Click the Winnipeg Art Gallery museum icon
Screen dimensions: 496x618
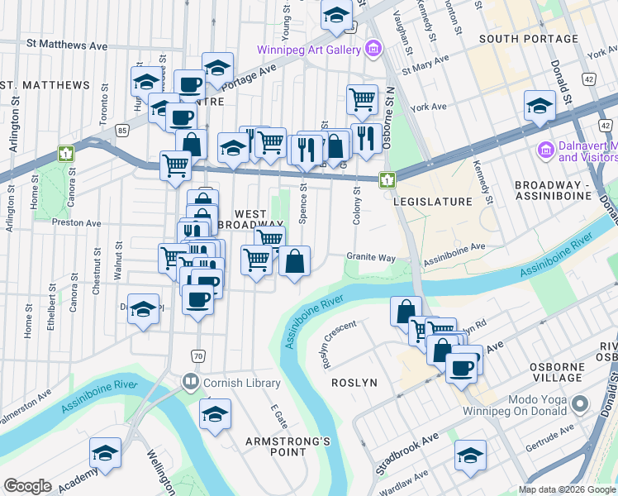(373, 49)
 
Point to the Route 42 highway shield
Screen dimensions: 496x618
(588, 79)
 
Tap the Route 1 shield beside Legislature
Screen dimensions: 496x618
(386, 179)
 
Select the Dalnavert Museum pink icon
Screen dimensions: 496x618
(544, 151)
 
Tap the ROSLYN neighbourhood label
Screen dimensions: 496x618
(354, 383)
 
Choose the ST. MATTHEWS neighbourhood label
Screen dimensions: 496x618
(45, 85)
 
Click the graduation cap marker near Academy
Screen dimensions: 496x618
(106, 451)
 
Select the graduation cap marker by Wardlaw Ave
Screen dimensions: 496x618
(470, 455)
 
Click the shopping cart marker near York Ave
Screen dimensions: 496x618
(362, 99)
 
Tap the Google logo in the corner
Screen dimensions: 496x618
(27, 486)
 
